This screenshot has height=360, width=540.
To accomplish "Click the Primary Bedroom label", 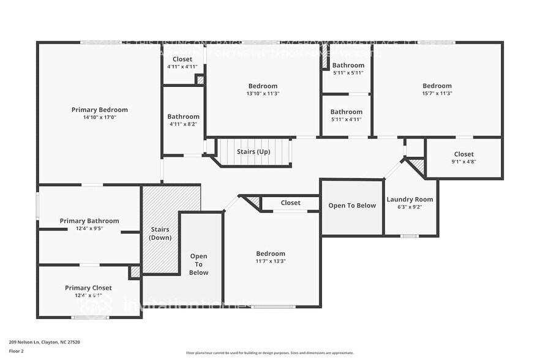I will pos(99,110).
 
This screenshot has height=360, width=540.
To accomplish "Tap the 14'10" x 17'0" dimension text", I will pos(99,118).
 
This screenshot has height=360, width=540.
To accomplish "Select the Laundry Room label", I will pos(410,200).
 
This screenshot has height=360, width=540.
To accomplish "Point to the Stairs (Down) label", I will pos(160,233).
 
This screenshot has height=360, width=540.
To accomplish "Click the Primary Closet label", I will pos(88,288).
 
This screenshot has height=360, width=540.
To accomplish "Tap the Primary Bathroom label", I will pos(89,221).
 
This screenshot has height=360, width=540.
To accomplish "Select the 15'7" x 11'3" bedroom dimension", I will pos(437,94).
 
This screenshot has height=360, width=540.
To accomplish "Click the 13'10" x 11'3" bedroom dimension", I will pos(263,94).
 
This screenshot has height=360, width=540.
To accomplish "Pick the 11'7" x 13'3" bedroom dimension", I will pos(271,261).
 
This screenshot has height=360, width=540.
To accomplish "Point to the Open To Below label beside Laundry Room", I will pos(352,206).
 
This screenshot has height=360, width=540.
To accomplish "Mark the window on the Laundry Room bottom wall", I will pos(409,236).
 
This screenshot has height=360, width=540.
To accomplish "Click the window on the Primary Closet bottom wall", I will pos(91,317).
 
